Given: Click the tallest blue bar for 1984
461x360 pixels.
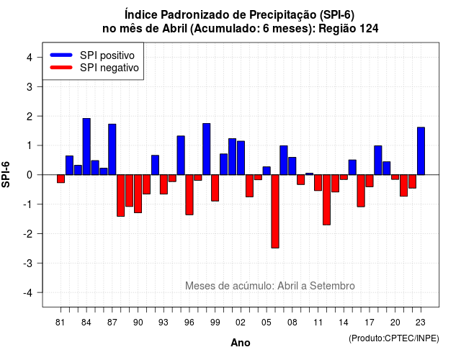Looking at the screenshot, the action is click(86, 147).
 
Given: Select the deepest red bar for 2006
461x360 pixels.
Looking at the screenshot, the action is click(275, 211).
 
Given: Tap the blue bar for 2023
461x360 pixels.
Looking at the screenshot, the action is click(421, 151).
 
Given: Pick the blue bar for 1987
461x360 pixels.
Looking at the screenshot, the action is click(112, 149).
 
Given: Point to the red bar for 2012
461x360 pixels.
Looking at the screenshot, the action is click(326, 200).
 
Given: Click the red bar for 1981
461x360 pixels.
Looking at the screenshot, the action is click(61, 179).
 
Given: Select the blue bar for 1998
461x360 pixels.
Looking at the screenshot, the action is click(207, 149).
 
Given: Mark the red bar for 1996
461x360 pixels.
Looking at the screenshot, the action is click(189, 195).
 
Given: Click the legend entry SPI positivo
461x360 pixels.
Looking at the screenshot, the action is click(107, 55).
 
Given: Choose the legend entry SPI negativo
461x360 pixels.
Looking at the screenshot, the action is click(109, 68).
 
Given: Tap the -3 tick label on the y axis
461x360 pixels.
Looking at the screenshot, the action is click(28, 263).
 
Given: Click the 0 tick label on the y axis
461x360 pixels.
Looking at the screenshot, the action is click(30, 175).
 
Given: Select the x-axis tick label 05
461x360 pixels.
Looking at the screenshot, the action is click(267, 323).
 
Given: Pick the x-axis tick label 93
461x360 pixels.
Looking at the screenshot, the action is click(164, 323).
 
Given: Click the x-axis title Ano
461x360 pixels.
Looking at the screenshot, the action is click(241, 343).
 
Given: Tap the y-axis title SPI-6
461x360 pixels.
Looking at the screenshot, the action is click(6, 174).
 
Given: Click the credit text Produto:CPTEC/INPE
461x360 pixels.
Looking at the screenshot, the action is click(394, 338).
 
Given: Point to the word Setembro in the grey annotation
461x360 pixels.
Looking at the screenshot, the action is click(332, 286).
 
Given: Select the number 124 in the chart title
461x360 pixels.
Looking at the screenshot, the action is click(369, 29).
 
